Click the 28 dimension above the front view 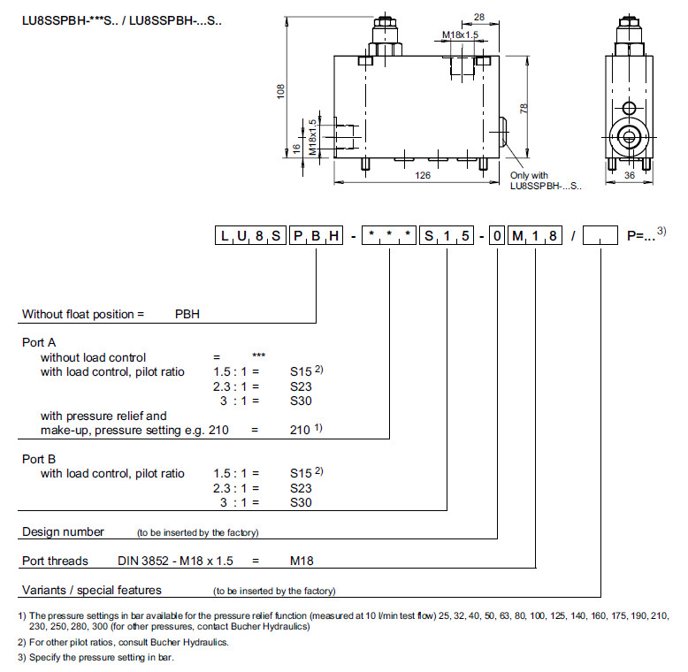[478, 19]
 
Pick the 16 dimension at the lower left [296, 149]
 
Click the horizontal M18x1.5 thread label [460, 35]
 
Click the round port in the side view [629, 135]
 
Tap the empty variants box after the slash [600, 236]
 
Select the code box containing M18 [535, 236]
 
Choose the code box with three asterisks [389, 236]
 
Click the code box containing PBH [317, 236]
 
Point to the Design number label [63, 532]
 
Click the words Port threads [55, 561]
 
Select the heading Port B [39, 459]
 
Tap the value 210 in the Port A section [301, 430]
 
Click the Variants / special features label [92, 590]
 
